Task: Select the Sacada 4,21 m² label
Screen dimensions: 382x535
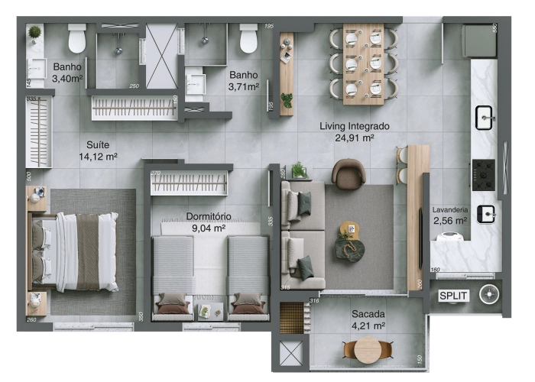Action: tap(368, 319)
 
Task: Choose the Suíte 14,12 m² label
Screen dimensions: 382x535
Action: tap(97, 151)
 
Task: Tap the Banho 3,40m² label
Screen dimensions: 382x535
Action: tap(67, 73)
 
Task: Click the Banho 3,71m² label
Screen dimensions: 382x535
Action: tap(243, 81)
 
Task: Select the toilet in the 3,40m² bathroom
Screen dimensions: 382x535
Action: tap(77, 37)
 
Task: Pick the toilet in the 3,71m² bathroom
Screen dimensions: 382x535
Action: tap(249, 38)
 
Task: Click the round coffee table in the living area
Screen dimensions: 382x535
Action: tap(349, 229)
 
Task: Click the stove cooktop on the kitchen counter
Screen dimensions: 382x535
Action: tap(484, 175)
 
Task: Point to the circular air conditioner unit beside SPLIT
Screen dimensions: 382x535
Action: tap(488, 295)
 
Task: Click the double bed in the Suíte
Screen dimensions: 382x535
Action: tap(76, 251)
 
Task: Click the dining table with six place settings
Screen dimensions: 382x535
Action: tap(364, 63)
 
